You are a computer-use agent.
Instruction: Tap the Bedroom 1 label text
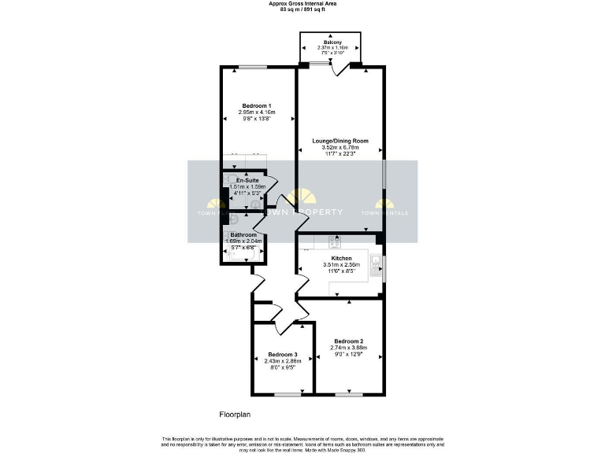[x=257, y=106]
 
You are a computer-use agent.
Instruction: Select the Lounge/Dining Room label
[x=340, y=141]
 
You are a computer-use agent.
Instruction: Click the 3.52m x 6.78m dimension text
[x=340, y=147]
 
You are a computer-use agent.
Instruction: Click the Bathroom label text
[x=243, y=235]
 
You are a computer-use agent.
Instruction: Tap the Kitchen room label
[x=341, y=259]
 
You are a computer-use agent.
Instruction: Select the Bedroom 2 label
[x=347, y=341]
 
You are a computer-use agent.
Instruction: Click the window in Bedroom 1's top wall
[x=251, y=68]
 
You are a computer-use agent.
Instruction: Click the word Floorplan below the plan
[x=234, y=413]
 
